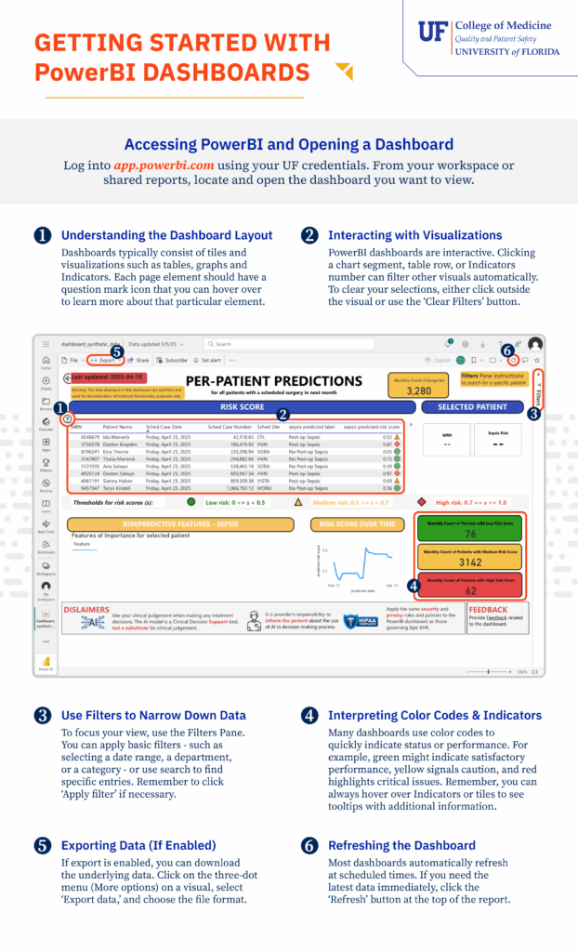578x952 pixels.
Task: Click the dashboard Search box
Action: click(269, 344)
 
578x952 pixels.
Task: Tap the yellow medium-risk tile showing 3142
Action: click(470, 558)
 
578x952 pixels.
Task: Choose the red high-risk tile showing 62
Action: click(470, 586)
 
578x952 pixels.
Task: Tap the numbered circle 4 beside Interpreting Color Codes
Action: click(309, 716)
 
